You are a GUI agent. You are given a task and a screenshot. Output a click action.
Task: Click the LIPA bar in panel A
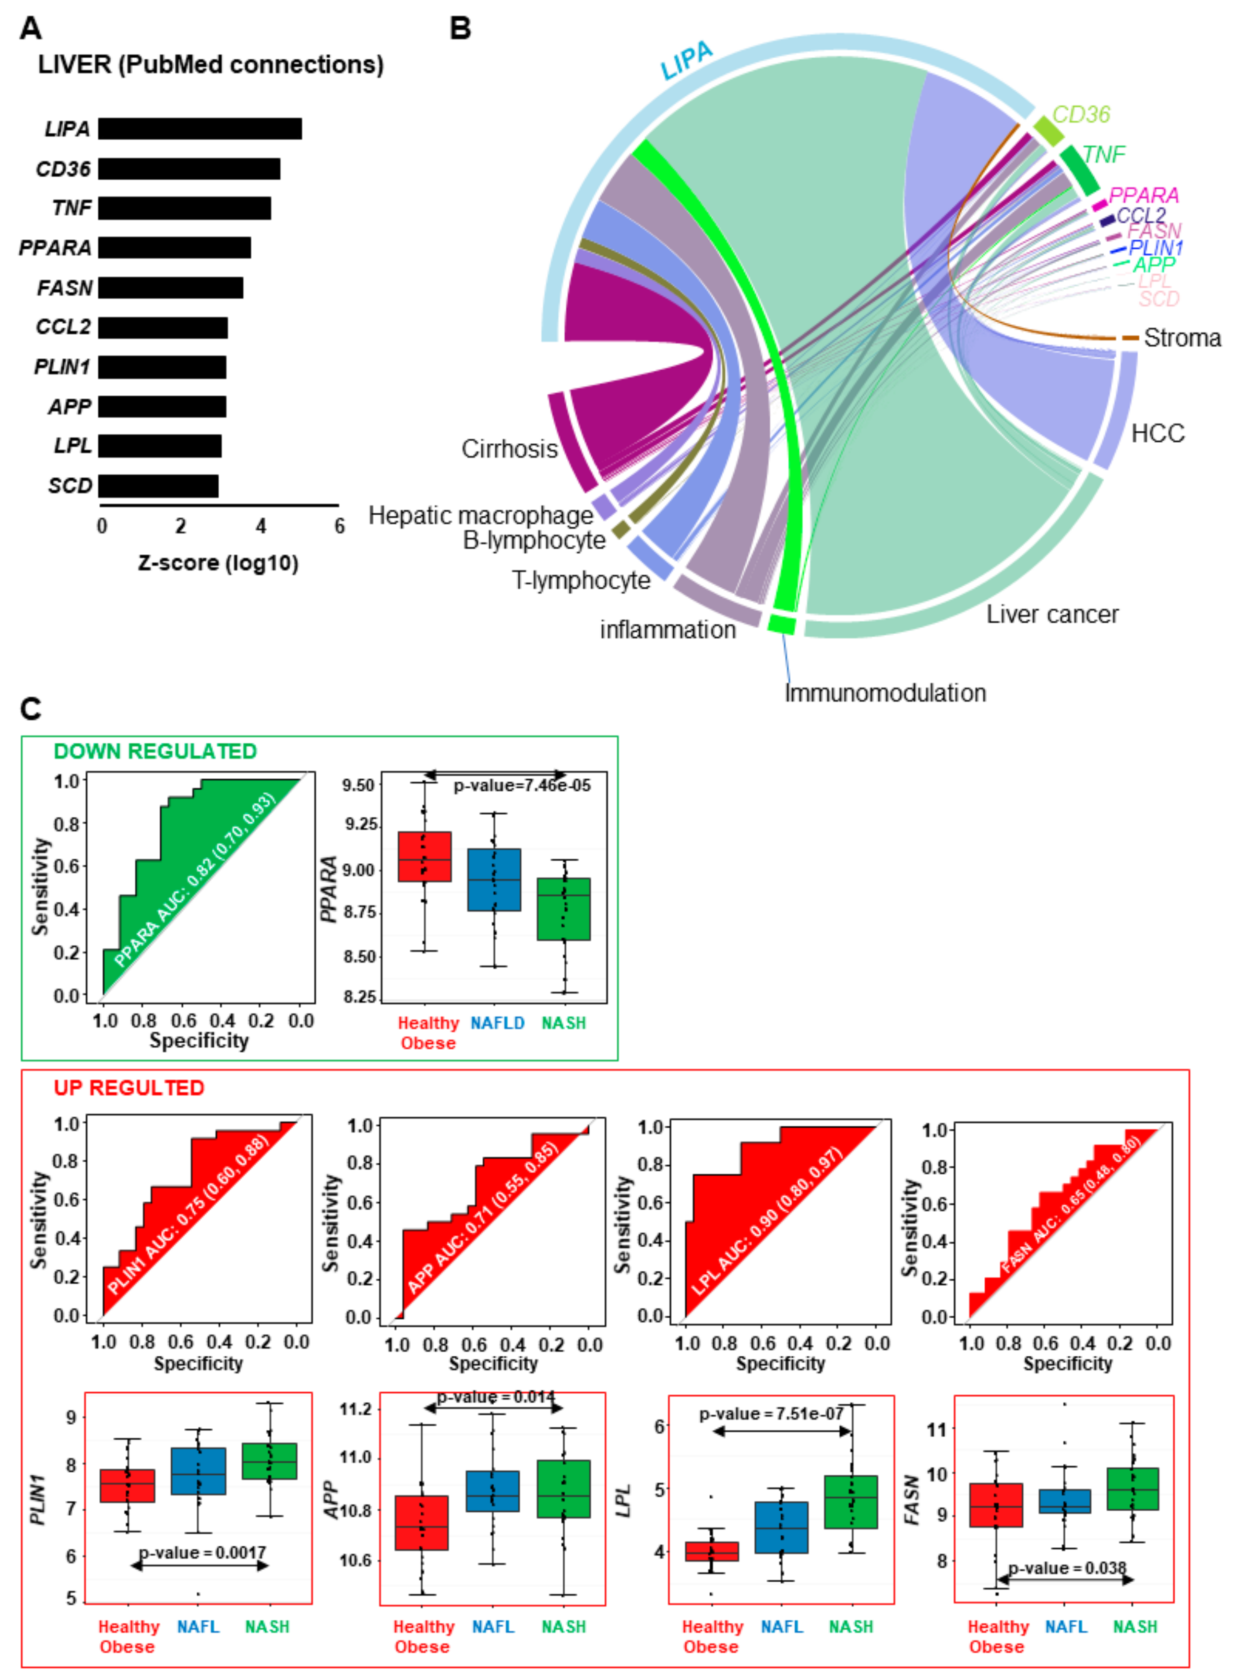[200, 129]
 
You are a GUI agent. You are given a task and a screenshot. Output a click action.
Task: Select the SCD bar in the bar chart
[158, 486]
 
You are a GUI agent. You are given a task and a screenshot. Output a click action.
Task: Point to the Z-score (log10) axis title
[218, 563]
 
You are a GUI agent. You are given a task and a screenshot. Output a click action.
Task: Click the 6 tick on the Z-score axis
[340, 527]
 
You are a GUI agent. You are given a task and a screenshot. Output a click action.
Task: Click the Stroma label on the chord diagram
[1181, 338]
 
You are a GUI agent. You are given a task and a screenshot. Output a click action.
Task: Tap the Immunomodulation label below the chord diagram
[885, 693]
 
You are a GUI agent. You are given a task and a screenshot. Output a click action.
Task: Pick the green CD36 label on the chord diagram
[1081, 115]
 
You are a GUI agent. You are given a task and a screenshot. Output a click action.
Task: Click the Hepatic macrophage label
[480, 515]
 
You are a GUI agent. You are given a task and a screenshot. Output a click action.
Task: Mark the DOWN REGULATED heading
[155, 751]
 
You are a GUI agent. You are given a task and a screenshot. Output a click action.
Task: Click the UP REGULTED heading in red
[129, 1088]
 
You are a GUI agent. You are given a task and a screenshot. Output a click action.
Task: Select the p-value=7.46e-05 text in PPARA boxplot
[521, 785]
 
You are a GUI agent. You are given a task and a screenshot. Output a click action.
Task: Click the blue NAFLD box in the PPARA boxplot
[494, 879]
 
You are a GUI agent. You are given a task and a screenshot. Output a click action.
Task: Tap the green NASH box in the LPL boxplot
[850, 1501]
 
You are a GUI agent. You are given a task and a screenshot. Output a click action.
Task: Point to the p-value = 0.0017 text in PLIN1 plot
[202, 1552]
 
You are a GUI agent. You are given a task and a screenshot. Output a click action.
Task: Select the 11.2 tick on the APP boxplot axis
[355, 1409]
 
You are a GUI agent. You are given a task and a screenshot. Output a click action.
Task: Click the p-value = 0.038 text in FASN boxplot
[1067, 1568]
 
